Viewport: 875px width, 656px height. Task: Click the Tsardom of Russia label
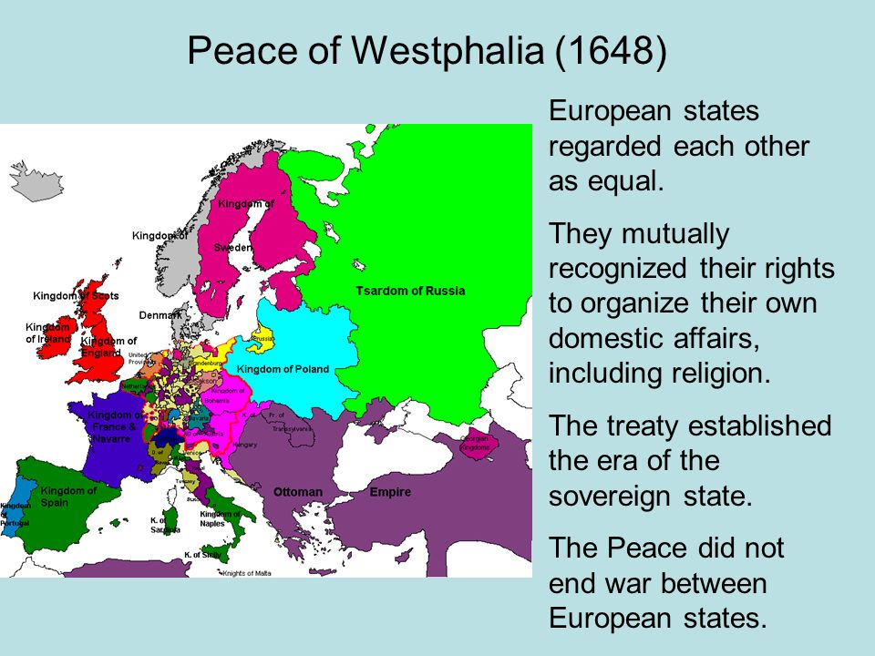pyautogui.click(x=410, y=292)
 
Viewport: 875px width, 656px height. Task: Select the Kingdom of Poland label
pyautogui.click(x=283, y=369)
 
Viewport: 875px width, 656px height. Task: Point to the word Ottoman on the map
pyautogui.click(x=298, y=492)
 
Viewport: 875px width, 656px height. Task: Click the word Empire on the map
pyautogui.click(x=390, y=492)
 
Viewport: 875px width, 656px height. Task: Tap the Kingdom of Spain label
pyautogui.click(x=68, y=497)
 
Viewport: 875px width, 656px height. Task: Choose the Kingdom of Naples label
pyautogui.click(x=218, y=518)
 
